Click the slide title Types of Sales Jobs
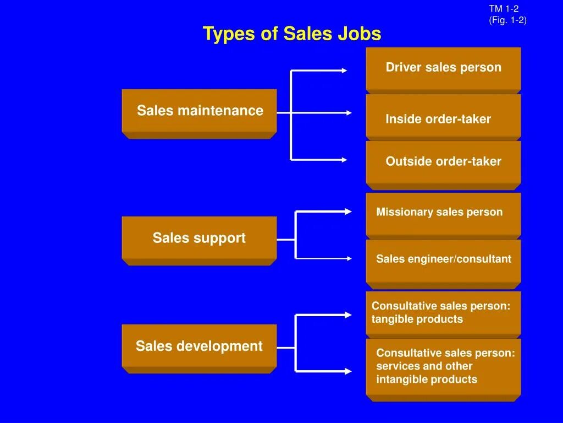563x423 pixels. coord(291,34)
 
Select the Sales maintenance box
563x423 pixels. coord(199,111)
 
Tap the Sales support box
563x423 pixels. coord(199,238)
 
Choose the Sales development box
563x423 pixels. coord(199,346)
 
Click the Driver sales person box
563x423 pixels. coord(443,68)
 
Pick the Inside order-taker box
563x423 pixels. coord(443,119)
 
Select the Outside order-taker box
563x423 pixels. coord(443,161)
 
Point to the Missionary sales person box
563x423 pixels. coord(443,212)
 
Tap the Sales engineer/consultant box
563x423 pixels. coord(443,259)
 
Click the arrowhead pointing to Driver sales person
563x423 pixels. coord(344,70)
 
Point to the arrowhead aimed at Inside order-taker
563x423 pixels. coord(348,113)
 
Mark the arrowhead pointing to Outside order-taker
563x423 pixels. coord(344,160)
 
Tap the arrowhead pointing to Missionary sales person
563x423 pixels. coord(347,211)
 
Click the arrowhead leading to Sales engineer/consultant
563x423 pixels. coord(347,258)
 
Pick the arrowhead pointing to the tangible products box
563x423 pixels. coord(347,315)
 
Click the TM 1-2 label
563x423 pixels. coord(504,9)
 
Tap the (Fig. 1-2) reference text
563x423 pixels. coord(507,20)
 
